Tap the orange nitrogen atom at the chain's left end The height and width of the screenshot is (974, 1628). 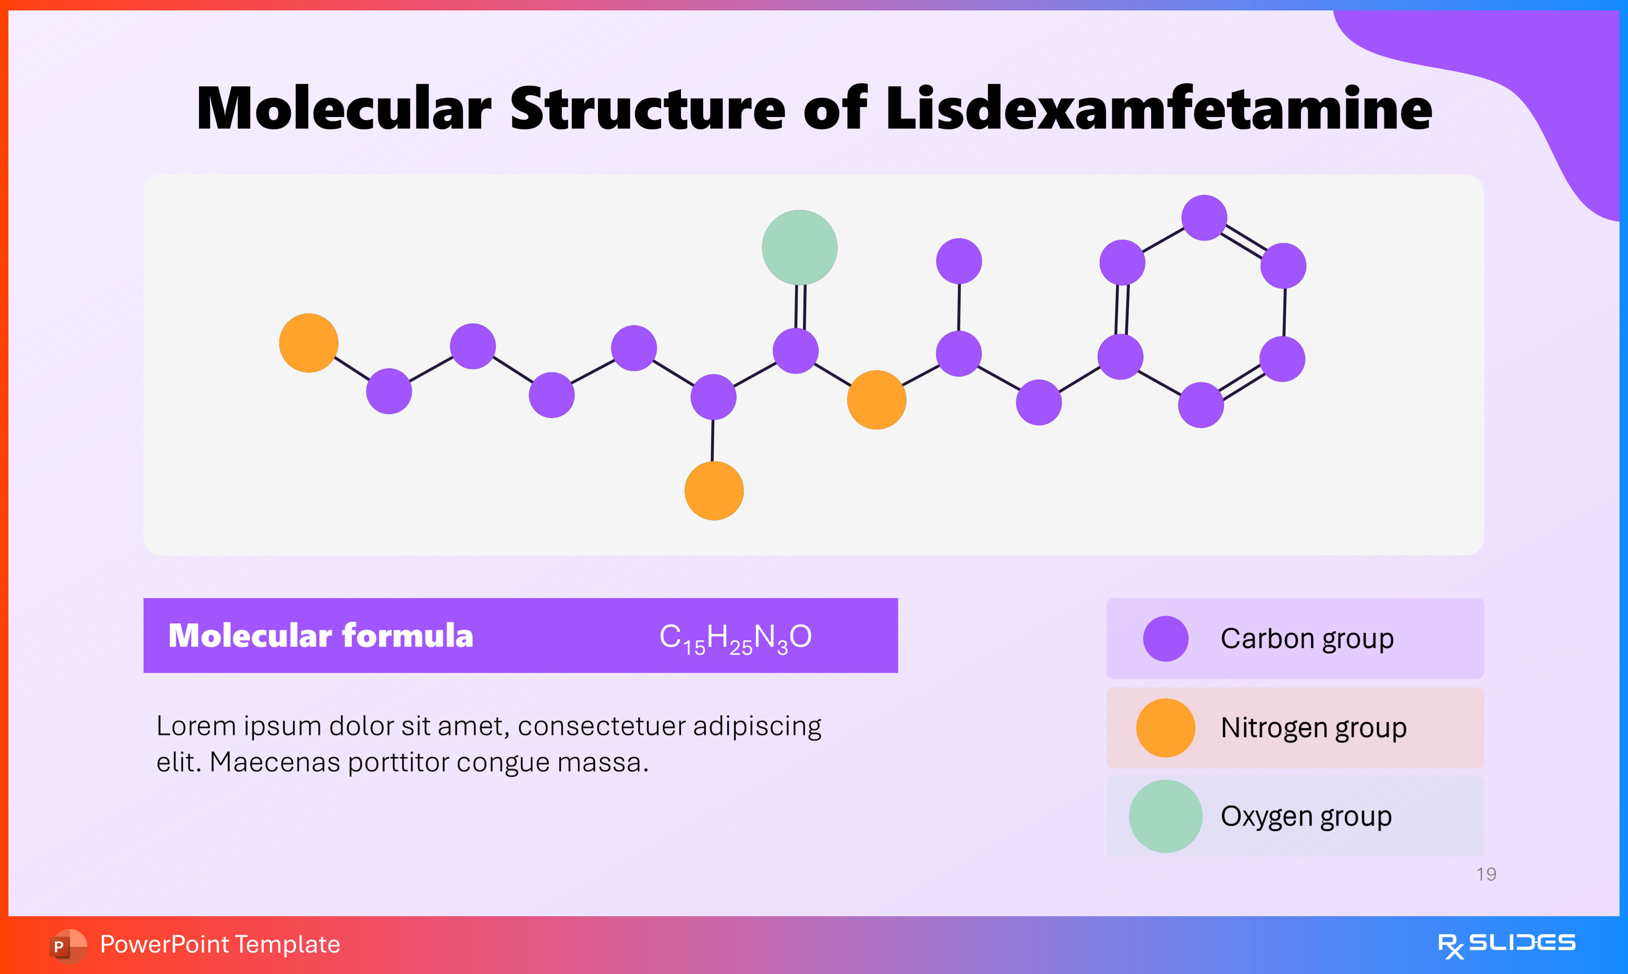308,343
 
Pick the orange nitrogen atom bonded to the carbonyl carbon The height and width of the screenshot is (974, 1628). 877,400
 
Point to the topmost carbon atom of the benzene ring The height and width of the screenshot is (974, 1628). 1204,217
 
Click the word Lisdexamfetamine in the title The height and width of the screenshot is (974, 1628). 1158,108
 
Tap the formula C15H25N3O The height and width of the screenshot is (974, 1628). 735,637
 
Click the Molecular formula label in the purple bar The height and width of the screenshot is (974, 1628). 320,635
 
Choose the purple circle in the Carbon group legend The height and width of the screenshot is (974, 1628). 1165,638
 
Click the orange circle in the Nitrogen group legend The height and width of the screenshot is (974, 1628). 1165,727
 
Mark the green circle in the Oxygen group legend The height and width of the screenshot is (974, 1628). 1165,816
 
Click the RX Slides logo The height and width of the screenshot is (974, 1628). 1506,944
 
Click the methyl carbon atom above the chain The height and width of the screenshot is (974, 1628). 958,261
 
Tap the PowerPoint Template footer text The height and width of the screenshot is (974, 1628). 220,944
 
